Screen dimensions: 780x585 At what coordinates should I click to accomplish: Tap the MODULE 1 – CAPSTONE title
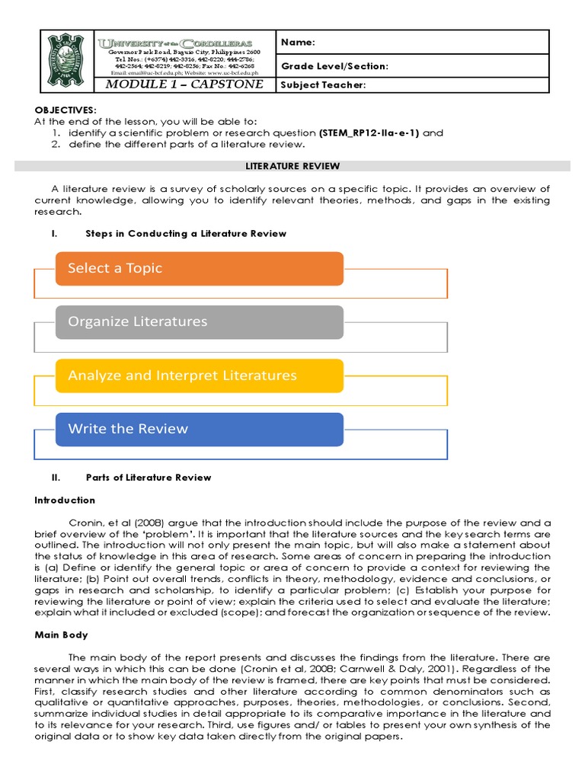pos(184,84)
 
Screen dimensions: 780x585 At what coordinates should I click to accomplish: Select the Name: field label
pos(298,43)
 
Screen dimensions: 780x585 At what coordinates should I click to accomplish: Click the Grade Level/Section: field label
pos(334,66)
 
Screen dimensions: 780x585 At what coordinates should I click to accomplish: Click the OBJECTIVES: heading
pos(65,110)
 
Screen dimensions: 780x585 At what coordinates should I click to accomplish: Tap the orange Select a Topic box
pos(200,268)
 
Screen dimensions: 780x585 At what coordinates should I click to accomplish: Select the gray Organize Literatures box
pos(200,321)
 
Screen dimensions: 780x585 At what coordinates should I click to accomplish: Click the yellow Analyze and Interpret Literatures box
pos(200,375)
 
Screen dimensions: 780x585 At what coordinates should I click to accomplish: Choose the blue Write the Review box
pos(200,428)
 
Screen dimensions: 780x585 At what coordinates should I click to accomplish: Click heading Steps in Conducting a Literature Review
pos(186,233)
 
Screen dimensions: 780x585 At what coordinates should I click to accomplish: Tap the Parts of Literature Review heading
pos(149,478)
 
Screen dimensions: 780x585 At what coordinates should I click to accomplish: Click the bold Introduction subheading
pos(65,500)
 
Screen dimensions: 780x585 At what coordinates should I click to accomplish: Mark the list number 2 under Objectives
pos(56,144)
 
